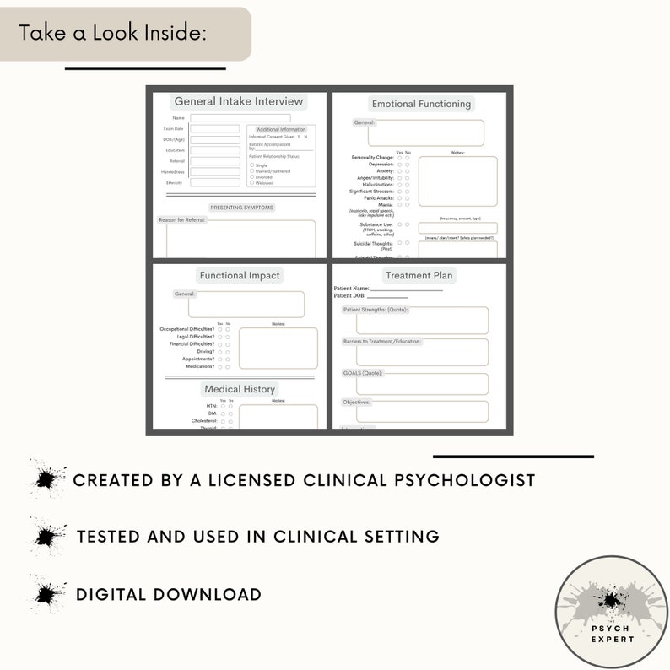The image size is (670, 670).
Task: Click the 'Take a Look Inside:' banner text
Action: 113,33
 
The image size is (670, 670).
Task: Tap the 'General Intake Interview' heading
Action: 238,101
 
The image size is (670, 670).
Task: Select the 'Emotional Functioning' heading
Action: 421,104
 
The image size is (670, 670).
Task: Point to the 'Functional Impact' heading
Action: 240,275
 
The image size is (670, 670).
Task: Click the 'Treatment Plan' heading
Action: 419,275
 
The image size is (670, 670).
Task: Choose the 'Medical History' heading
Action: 240,389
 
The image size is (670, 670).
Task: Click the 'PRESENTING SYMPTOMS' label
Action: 241,207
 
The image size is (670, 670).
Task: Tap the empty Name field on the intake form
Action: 240,118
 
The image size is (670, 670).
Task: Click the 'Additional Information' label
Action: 281,130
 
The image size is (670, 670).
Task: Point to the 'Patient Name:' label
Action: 351,289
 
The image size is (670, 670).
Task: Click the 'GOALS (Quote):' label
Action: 363,372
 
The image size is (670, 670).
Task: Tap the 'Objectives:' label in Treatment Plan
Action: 357,402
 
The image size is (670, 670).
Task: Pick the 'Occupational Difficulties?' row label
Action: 187,328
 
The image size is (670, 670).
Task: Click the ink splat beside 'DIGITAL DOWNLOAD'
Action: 48,593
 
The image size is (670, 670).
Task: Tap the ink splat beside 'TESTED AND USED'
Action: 48,536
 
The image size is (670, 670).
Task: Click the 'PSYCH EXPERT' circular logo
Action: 611,613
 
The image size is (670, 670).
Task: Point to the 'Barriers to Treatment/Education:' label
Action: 382,341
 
